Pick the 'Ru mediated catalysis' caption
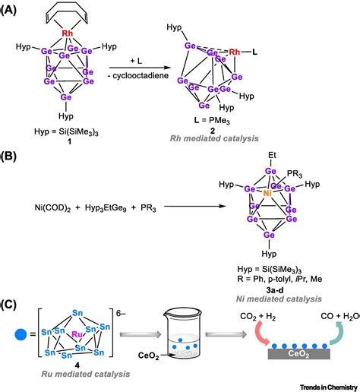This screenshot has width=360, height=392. (71, 381)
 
